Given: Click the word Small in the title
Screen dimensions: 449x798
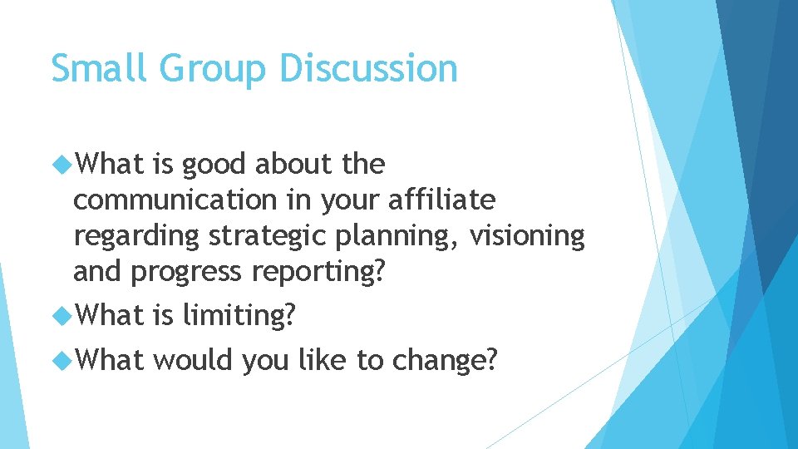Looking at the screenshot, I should [x=99, y=68].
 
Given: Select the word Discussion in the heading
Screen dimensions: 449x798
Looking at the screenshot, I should [x=368, y=68].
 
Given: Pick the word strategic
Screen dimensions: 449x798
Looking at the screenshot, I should [x=266, y=237].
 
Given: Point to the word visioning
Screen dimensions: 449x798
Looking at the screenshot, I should [x=527, y=236].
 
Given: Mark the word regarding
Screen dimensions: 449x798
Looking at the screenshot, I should [x=136, y=237].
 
